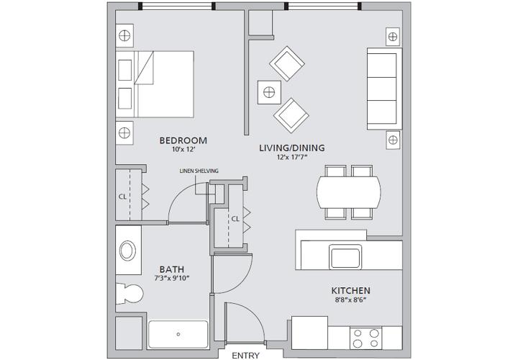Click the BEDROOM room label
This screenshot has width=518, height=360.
[x=183, y=140]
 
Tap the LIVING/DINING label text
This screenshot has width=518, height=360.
[x=292, y=148]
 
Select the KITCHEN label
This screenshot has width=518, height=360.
[x=351, y=291]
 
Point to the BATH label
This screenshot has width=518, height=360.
[x=172, y=269]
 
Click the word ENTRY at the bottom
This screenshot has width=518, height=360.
[x=245, y=356]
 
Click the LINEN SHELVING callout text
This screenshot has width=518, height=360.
[x=199, y=171]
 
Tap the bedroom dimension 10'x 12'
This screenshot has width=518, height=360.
[x=184, y=150]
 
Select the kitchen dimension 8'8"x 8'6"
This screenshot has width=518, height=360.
[x=351, y=300]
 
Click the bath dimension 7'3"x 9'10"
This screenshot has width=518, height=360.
[x=172, y=279]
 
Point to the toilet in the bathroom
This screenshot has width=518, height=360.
[x=129, y=293]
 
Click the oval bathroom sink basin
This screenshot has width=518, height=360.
[x=127, y=251]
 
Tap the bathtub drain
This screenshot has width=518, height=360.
[x=178, y=334]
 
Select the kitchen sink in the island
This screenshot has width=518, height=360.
[x=345, y=257]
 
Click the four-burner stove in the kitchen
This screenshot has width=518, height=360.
[x=365, y=338]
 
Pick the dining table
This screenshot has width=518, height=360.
[x=349, y=192]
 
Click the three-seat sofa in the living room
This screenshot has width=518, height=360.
[x=384, y=89]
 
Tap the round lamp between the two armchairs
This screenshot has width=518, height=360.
[x=269, y=92]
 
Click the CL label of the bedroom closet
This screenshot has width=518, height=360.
[x=122, y=197]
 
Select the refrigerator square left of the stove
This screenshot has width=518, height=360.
[x=309, y=333]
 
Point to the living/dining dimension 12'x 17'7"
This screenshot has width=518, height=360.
[x=292, y=158]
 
